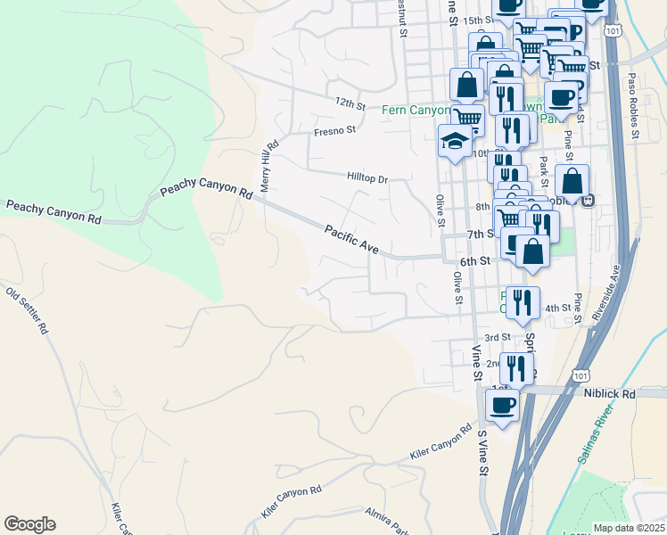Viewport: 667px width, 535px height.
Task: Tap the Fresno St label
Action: tap(334, 130)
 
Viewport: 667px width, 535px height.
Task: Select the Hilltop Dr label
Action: tap(367, 178)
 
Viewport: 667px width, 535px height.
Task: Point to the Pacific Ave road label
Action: tap(352, 239)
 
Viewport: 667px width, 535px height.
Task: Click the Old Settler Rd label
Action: tap(27, 309)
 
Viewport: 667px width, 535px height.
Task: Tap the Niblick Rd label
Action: tap(610, 393)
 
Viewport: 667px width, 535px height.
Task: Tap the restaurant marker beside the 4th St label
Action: tap(523, 302)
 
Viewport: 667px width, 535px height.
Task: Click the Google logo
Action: tap(29, 524)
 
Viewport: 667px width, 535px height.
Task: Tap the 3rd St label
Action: tap(497, 337)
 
